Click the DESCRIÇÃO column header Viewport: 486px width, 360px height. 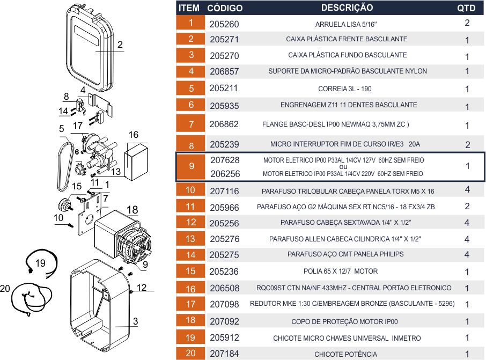coord(347,8)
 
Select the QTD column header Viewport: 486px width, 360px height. coord(466,9)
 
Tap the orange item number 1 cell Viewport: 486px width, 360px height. coord(191,23)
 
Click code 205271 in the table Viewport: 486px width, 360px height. coord(224,40)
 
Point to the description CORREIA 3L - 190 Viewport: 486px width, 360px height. coord(345,89)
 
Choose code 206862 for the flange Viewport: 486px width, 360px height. coord(224,124)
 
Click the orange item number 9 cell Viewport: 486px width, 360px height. coord(192,166)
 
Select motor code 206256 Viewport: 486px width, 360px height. coord(225,174)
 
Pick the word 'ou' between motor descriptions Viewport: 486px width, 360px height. coord(344,167)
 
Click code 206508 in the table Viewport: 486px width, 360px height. coord(224,288)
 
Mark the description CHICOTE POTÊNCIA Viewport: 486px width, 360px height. coord(345,354)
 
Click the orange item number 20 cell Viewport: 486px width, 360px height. coord(191,354)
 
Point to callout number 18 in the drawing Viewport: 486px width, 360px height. coord(132,209)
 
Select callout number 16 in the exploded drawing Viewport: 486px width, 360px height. coord(133,135)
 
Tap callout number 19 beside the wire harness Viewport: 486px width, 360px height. coord(41,263)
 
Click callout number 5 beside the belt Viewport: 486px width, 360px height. coord(62,129)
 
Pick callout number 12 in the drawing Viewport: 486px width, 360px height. coord(141,288)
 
